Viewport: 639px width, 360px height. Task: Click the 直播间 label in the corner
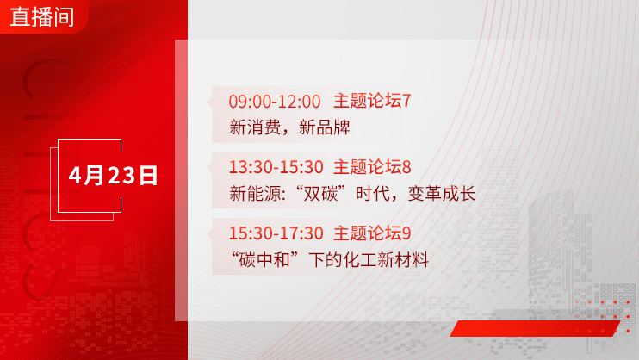[x=42, y=17]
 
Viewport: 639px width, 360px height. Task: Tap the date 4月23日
[x=113, y=176]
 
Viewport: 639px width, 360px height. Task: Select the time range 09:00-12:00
[x=274, y=102]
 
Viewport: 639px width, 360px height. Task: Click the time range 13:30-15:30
[x=276, y=167]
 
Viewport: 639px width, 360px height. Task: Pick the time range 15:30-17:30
[x=276, y=233]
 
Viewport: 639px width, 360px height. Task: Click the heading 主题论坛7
[x=372, y=101]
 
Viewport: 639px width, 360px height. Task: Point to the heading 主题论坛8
[x=372, y=167]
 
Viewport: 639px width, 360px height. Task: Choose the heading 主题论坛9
[x=372, y=233]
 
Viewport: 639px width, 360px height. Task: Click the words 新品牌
[x=325, y=127]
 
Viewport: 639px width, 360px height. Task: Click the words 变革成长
[x=442, y=194]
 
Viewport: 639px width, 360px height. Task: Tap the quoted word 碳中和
[x=264, y=260]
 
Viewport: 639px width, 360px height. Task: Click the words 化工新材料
[x=386, y=260]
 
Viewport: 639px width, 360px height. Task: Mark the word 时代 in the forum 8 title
[x=373, y=194]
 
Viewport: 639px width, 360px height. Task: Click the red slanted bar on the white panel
[x=535, y=328]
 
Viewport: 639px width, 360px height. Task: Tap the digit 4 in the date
[x=75, y=176]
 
